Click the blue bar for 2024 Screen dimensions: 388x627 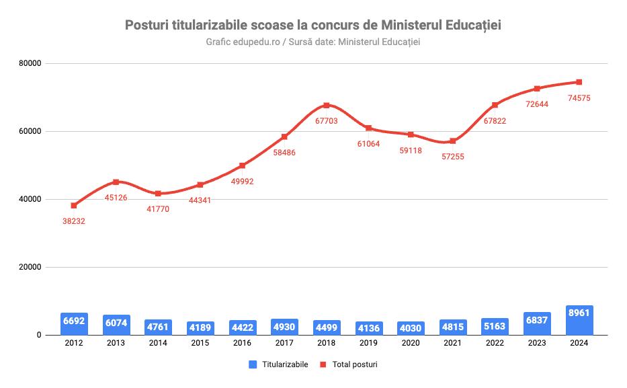[579, 320]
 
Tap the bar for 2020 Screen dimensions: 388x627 [410, 327]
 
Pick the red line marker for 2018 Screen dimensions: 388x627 [327, 105]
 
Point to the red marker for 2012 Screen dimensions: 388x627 [74, 205]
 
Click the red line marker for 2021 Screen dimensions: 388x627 [453, 141]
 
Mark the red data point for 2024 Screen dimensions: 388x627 [579, 82]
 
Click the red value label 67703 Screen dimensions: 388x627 [327, 121]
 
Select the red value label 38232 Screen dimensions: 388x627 [74, 221]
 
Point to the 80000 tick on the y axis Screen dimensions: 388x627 [30, 63]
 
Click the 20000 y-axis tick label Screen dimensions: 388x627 [30, 267]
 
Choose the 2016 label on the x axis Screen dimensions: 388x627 [242, 344]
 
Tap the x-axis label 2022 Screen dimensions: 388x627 [495, 344]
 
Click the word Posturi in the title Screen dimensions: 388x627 [149, 26]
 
